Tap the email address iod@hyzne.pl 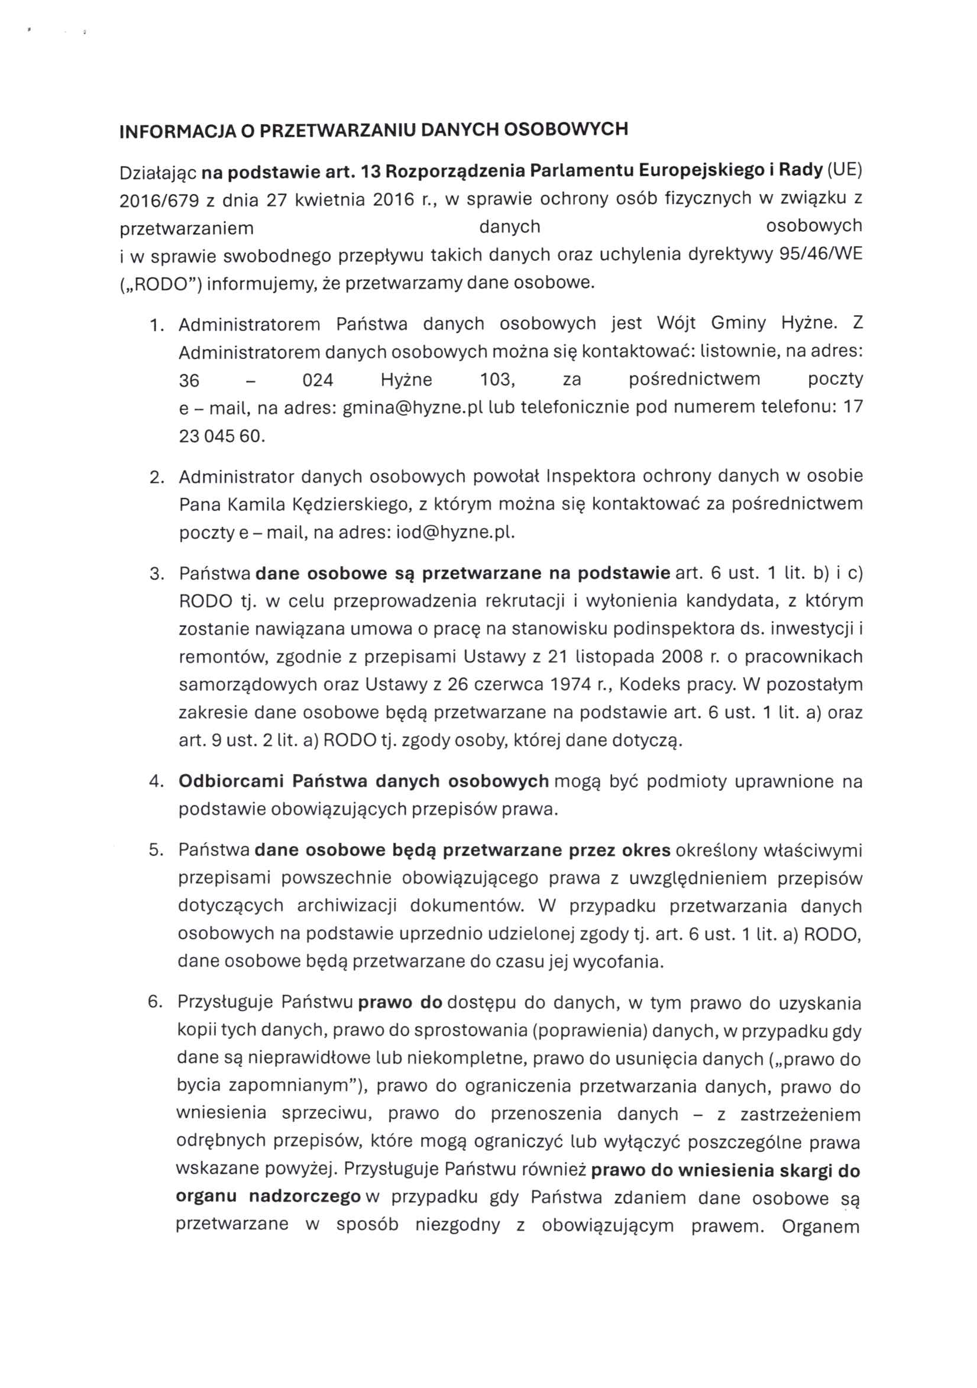click(455, 533)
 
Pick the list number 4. click(156, 782)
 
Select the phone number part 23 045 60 click(222, 436)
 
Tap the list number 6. click(155, 1002)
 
